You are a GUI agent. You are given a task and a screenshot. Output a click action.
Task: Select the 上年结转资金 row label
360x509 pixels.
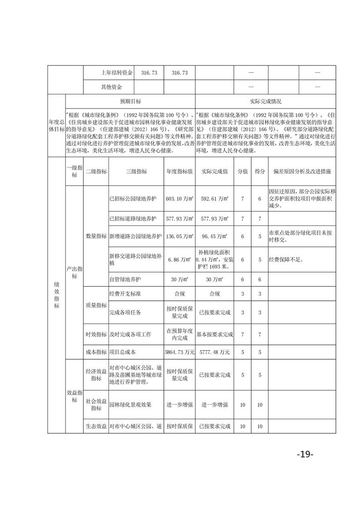[117, 73]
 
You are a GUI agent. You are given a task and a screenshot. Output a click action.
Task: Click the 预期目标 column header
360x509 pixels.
[130, 102]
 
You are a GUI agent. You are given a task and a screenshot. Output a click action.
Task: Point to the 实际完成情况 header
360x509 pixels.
[265, 102]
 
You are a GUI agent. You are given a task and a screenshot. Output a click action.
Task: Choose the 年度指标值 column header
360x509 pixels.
[180, 172]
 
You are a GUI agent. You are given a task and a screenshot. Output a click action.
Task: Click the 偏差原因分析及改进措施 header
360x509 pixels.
[302, 172]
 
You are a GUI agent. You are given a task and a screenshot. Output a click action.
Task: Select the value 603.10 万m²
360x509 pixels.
[180, 198]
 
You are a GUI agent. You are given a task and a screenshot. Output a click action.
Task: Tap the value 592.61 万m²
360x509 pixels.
[214, 198]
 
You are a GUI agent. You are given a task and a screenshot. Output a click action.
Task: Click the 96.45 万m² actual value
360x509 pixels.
[214, 236]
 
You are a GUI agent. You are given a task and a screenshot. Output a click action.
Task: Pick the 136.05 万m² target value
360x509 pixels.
[180, 236]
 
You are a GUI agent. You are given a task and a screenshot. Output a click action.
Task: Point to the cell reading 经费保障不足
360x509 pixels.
[286, 260]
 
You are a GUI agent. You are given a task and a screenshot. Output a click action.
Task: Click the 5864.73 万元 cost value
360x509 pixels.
[180, 352]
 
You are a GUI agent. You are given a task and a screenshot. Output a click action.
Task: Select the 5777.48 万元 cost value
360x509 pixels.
[214, 352]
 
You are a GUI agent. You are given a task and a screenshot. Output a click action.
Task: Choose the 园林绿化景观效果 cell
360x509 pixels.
[130, 404]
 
